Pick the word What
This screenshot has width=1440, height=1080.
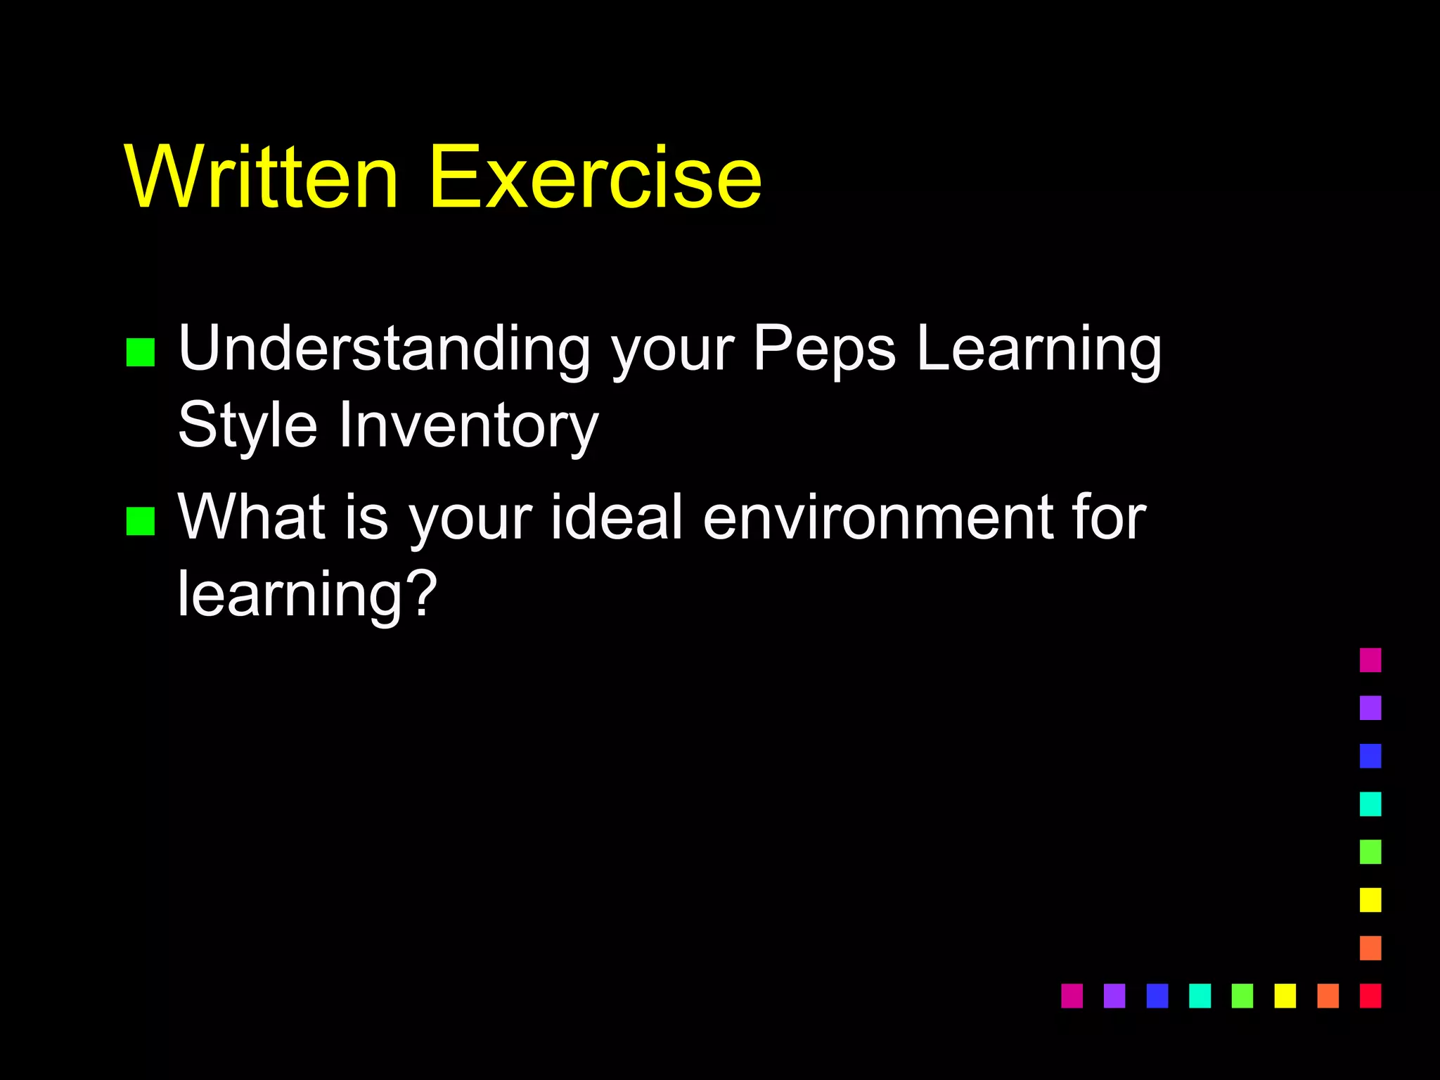[x=252, y=517]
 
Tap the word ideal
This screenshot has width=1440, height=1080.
[x=617, y=517]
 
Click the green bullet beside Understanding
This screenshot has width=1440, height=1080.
[x=141, y=352]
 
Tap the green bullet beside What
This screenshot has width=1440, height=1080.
[x=141, y=521]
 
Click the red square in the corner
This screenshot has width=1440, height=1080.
[x=1370, y=996]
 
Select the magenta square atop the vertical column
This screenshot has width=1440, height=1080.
[x=1370, y=660]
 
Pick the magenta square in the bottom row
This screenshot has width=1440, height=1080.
[x=1072, y=996]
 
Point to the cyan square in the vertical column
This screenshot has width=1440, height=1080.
[x=1370, y=804]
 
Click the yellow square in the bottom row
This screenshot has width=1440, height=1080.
[x=1285, y=996]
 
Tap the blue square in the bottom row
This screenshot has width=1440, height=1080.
[x=1157, y=996]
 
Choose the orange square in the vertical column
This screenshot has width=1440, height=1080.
[x=1370, y=948]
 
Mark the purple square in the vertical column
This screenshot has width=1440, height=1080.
[x=1370, y=708]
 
